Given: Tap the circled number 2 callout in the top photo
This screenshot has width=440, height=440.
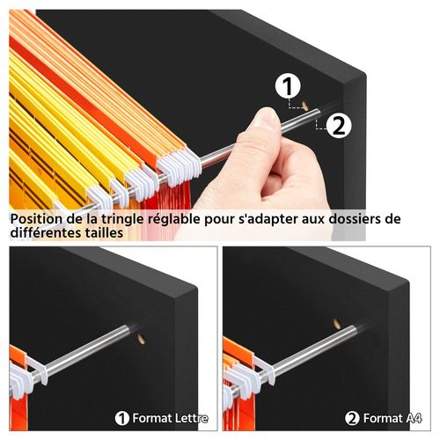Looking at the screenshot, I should pyautogui.click(x=340, y=125).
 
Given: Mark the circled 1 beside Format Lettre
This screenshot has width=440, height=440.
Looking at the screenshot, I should pyautogui.click(x=122, y=418).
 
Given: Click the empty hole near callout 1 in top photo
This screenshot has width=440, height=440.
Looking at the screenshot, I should pyautogui.click(x=304, y=106).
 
